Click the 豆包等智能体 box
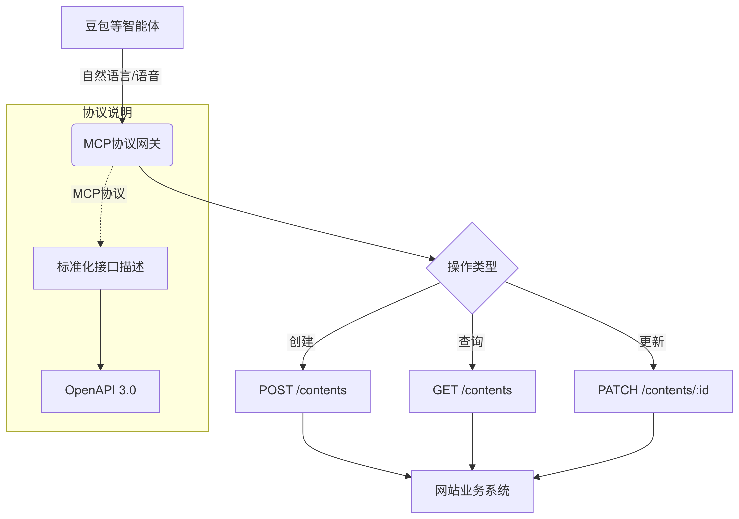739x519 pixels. (x=122, y=27)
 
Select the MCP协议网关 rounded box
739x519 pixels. (x=122, y=145)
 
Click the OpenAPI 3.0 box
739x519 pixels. (x=100, y=391)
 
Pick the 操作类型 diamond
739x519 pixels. (x=472, y=268)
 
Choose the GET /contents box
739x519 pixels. (x=472, y=391)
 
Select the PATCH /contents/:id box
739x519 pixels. (x=653, y=391)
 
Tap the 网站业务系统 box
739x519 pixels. (x=472, y=491)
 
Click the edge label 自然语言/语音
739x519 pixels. (x=121, y=76)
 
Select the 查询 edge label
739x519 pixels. (x=471, y=342)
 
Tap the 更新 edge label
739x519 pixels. (x=652, y=342)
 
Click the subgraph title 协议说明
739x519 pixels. (x=107, y=113)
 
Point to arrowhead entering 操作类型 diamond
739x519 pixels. (x=432, y=258)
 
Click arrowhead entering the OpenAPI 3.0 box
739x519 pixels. (x=100, y=367)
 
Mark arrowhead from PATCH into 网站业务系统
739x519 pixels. (x=537, y=477)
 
